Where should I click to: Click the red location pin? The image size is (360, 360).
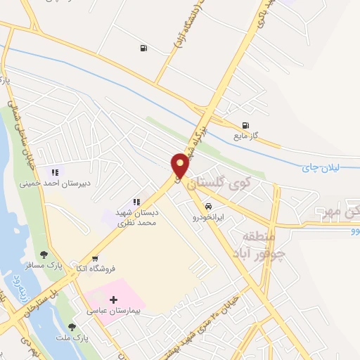[x=180, y=166]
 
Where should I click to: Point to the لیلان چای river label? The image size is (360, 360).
[x=320, y=167]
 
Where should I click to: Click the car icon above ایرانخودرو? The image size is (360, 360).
[x=209, y=207]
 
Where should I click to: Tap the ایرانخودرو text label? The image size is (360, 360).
[x=209, y=218]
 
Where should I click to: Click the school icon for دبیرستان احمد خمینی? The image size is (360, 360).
[x=54, y=172]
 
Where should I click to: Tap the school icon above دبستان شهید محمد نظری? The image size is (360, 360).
[x=136, y=202]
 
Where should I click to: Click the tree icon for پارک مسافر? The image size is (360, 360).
[x=44, y=254]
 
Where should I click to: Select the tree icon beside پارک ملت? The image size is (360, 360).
[x=72, y=327]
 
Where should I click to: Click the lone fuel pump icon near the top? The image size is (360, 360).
[x=143, y=48]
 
